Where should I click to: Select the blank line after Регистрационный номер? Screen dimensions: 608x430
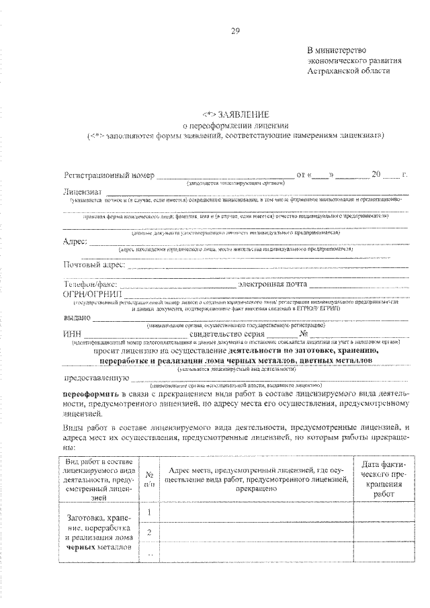[x=225, y=176]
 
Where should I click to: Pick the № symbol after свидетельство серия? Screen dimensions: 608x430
[x=304, y=333]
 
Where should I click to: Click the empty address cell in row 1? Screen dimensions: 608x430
[x=256, y=513]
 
